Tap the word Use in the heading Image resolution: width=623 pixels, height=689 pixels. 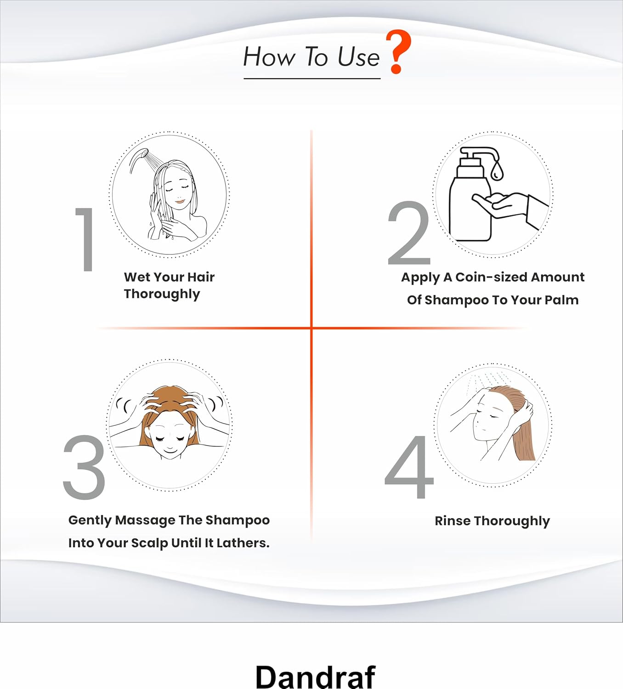[x=358, y=57]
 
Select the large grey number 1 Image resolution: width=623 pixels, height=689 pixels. [x=85, y=239]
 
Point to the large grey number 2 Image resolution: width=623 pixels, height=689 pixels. [x=409, y=233]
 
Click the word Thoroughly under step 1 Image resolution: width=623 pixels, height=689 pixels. [x=162, y=294]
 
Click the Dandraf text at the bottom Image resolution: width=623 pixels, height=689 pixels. [x=316, y=676]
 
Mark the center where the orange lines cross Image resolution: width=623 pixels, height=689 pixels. [x=311, y=328]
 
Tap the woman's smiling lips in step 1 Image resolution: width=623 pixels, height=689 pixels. [x=180, y=201]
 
